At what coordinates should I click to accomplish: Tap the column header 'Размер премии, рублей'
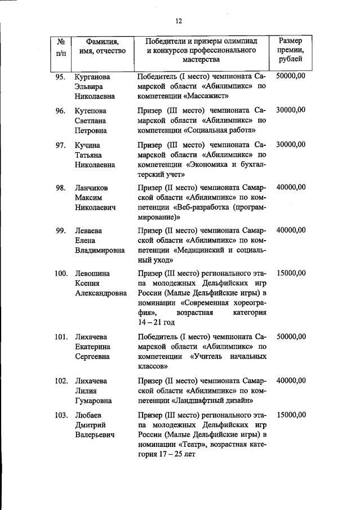(291, 50)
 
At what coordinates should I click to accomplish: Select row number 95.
(61, 76)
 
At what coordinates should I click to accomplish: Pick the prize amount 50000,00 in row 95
(291, 76)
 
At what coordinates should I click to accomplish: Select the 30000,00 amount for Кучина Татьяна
(291, 144)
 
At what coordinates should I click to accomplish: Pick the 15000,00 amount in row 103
(291, 415)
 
